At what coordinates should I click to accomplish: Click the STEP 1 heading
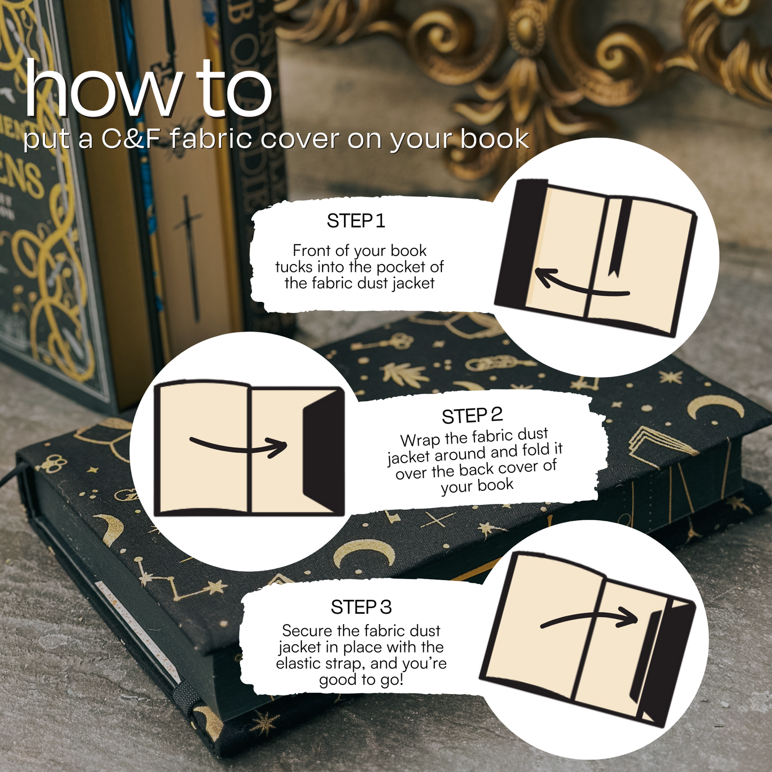click(x=356, y=221)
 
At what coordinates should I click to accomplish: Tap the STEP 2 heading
click(x=472, y=416)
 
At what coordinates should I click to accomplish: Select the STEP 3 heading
click(x=361, y=607)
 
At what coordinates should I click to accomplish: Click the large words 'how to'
click(x=148, y=90)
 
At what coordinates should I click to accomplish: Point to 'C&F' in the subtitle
click(x=130, y=139)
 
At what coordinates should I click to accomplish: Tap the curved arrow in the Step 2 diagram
click(x=239, y=448)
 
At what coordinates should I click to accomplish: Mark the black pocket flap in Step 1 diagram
click(x=520, y=244)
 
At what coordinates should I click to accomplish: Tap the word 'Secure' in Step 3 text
click(x=301, y=631)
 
